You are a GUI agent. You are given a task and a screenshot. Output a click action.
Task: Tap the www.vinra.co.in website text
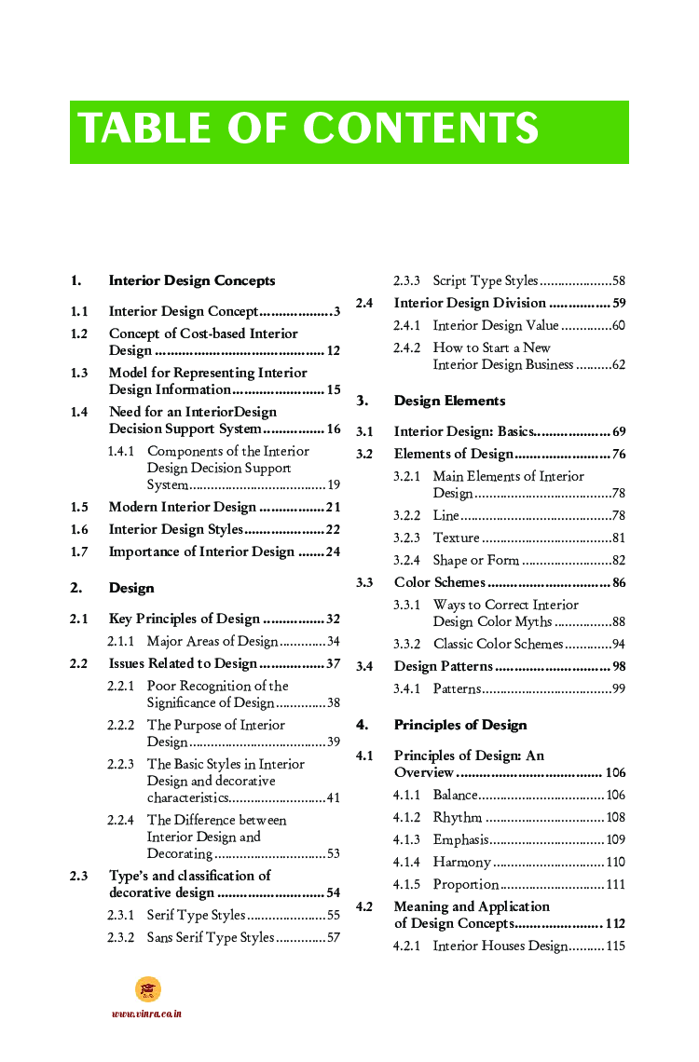click(x=146, y=1014)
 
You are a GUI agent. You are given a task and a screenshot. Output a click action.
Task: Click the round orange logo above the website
click(x=147, y=989)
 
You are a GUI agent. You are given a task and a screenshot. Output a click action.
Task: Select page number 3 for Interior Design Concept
click(x=336, y=311)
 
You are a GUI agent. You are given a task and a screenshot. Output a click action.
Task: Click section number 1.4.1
click(x=121, y=451)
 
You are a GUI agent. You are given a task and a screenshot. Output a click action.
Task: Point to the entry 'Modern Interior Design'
click(x=182, y=507)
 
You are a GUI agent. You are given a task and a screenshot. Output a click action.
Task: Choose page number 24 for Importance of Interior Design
click(x=333, y=551)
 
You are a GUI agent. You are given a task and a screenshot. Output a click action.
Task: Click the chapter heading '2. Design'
click(x=130, y=588)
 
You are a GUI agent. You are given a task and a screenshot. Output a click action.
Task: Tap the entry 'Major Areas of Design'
click(x=212, y=641)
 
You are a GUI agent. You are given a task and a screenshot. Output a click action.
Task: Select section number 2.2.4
click(x=121, y=820)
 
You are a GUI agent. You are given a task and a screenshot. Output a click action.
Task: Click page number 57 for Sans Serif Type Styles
click(x=333, y=937)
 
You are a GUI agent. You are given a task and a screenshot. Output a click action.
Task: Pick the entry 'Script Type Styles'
click(x=485, y=280)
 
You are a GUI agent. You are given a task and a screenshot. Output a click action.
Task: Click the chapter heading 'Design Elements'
click(x=449, y=401)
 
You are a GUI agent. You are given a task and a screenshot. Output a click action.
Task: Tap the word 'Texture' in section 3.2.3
click(x=456, y=538)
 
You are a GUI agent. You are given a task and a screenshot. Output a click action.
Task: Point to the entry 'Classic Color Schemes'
click(x=498, y=644)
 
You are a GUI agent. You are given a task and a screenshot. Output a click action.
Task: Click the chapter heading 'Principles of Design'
click(x=460, y=725)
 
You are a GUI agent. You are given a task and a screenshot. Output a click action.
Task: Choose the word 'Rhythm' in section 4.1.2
click(x=457, y=817)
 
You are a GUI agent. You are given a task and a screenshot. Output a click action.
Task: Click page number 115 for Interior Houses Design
click(x=615, y=946)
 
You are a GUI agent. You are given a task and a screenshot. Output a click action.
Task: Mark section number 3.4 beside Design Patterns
click(x=364, y=666)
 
